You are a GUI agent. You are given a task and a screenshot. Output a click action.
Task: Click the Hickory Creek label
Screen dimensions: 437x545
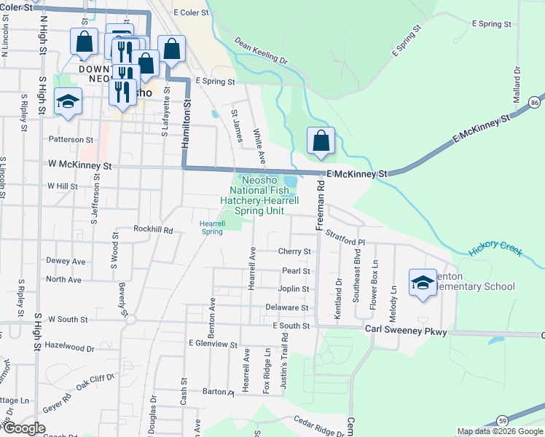coord(496,249)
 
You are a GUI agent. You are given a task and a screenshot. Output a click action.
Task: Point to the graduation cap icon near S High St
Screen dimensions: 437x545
coord(68,102)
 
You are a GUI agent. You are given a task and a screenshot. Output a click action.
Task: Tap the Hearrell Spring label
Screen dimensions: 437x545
coord(211,227)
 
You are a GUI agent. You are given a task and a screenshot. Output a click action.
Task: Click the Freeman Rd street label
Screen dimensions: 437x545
coord(319,208)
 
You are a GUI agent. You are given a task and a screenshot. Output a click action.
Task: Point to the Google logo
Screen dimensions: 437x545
coord(24,428)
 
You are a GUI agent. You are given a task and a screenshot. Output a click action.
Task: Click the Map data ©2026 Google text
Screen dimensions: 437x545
coord(499,431)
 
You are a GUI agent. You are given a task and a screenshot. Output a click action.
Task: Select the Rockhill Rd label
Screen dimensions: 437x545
coord(153,229)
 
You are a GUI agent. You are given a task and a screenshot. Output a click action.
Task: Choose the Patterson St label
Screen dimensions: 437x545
coord(71,139)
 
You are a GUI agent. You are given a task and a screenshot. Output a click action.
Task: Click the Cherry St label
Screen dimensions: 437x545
coord(294,252)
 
